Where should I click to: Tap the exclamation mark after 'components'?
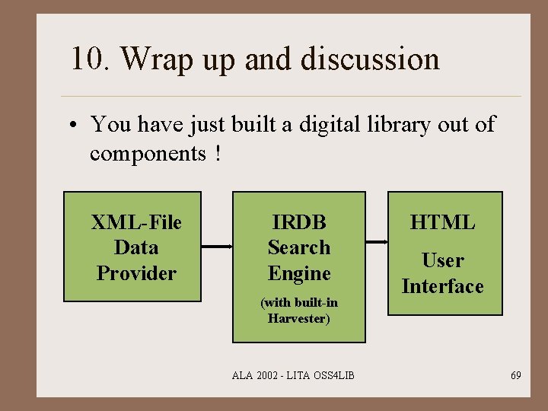pos(218,153)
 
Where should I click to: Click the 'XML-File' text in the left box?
pos(136,222)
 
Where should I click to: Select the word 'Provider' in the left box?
pos(136,273)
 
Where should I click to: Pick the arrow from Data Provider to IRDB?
pos(215,247)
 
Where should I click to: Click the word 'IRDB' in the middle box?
pos(299,222)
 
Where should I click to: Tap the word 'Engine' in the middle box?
pos(299,273)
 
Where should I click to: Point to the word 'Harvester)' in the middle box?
pos(299,318)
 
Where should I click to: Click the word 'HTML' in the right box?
pos(442,222)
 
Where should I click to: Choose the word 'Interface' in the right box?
pos(442,286)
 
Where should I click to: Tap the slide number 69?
pos(516,375)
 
